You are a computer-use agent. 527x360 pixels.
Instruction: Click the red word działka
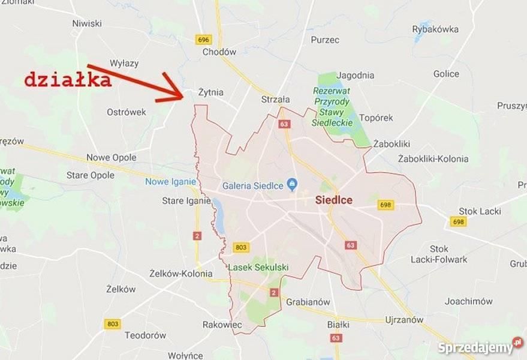68,80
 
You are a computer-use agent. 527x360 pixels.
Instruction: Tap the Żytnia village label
210,92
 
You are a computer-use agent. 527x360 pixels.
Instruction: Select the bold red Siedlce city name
334,200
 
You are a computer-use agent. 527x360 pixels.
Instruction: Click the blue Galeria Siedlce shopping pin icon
292,184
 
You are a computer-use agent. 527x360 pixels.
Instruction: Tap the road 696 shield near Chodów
204,40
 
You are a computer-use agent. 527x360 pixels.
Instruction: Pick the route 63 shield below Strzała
284,124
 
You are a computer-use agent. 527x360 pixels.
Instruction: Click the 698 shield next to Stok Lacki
459,222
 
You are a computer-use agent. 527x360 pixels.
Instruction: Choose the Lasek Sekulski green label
258,267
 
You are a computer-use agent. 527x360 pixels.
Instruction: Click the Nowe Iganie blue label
170,182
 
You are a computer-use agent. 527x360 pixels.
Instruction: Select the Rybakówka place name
435,29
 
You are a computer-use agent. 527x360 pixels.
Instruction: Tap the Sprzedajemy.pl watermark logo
480,347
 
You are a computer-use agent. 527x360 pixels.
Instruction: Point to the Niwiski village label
87,23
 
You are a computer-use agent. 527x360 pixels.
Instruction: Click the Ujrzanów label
404,320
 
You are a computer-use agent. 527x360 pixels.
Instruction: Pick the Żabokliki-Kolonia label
433,159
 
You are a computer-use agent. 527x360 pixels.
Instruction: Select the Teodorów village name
145,335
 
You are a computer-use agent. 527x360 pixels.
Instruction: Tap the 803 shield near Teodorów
112,324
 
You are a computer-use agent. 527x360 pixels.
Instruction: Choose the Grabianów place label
308,302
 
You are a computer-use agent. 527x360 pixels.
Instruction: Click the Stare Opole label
90,175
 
